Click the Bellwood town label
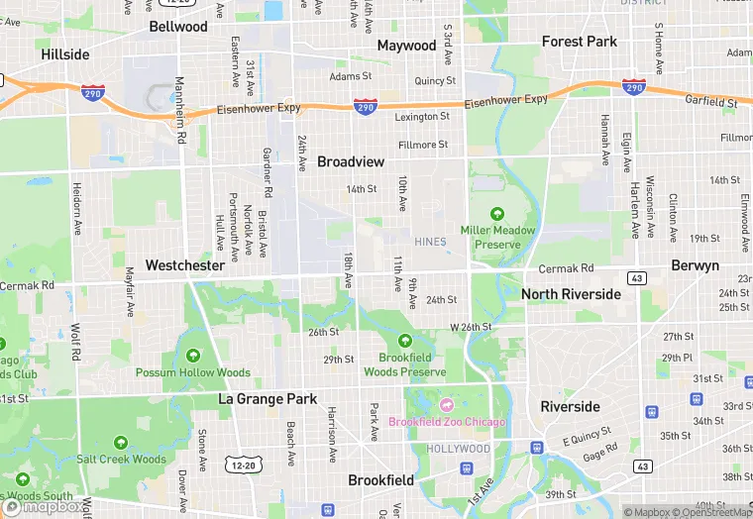(x=178, y=27)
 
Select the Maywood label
(x=406, y=46)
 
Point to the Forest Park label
(x=580, y=42)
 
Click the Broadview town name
(x=352, y=160)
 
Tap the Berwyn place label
(x=695, y=266)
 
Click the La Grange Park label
(x=268, y=399)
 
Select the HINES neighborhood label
(x=431, y=241)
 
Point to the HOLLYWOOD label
(x=459, y=449)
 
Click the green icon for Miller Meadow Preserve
(x=497, y=213)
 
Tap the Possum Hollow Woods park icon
(x=192, y=356)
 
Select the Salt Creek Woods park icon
(x=121, y=443)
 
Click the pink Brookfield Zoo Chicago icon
(x=446, y=405)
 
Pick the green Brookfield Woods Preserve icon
(x=404, y=342)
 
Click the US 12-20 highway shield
(x=244, y=464)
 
